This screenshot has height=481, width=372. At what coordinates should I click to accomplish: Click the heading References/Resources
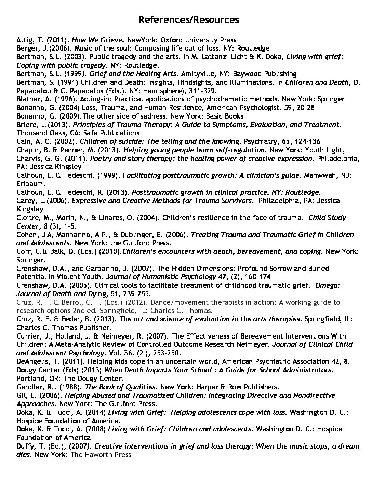click(189, 20)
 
